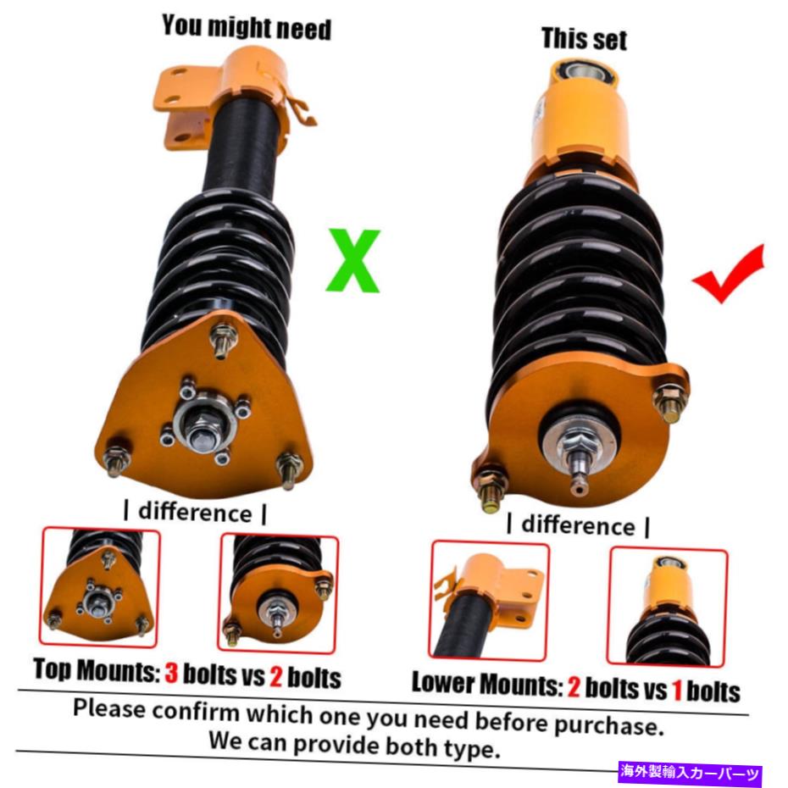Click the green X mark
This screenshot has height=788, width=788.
[353, 260]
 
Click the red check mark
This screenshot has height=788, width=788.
[728, 275]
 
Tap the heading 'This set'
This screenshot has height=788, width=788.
[584, 39]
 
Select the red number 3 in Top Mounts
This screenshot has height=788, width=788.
[171, 673]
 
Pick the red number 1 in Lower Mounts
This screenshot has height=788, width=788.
[677, 690]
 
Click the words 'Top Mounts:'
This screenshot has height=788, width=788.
[97, 670]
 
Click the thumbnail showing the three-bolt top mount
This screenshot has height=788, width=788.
[99, 586]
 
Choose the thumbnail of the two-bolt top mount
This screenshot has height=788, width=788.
[278, 593]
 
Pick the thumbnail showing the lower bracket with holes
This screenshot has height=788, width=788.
[489, 601]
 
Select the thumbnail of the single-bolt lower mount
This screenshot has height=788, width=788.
[668, 607]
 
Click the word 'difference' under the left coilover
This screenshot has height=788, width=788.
[195, 513]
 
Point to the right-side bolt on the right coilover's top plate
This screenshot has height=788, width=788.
[670, 401]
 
